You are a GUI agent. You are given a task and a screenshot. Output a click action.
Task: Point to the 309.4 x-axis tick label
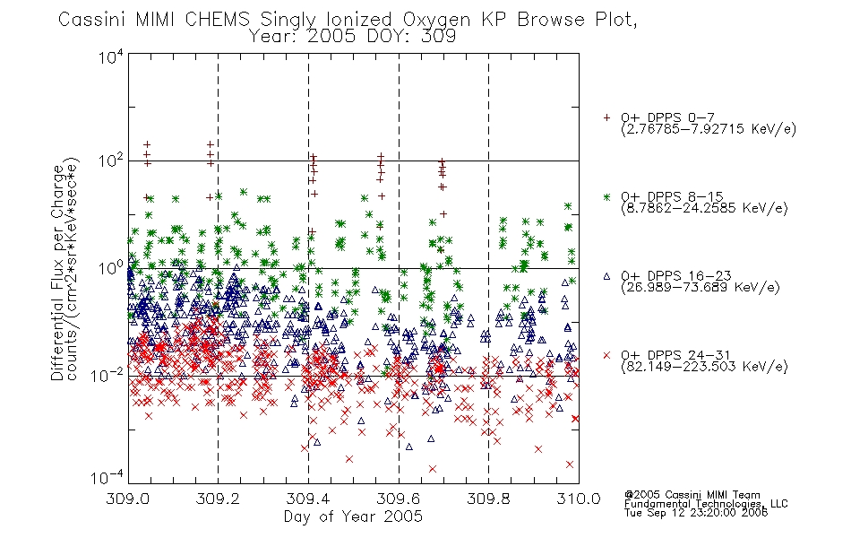(308, 499)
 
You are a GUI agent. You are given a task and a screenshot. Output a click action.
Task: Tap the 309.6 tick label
(398, 499)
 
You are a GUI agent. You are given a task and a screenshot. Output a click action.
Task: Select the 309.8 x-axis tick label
(488, 499)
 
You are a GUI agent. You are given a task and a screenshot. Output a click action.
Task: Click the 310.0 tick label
(579, 499)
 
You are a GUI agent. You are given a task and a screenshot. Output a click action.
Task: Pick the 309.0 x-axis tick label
(127, 499)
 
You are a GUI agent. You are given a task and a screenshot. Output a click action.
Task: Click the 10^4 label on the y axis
(111, 56)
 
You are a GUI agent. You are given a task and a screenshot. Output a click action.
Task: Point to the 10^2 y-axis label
(111, 161)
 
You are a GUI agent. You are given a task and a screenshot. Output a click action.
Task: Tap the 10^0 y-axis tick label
(111, 268)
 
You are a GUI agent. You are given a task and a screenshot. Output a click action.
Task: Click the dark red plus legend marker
(606, 117)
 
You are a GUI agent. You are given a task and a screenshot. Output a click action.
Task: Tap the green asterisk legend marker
(606, 196)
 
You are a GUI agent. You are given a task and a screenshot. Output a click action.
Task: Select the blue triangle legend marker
(606, 276)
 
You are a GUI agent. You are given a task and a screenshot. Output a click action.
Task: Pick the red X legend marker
(606, 355)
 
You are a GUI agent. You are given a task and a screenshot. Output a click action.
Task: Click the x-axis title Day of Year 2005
(353, 516)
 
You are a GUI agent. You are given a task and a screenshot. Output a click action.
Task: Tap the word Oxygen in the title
(436, 21)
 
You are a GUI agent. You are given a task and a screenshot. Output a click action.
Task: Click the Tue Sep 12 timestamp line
(696, 513)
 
